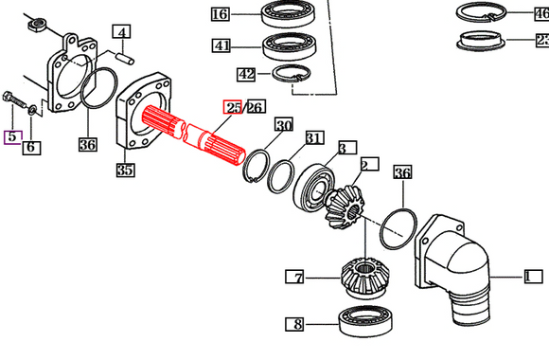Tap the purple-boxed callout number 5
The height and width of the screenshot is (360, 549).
pyautogui.click(x=12, y=137)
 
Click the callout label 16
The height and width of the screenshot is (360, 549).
pyautogui.click(x=220, y=14)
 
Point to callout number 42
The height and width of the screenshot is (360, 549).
pyautogui.click(x=220, y=74)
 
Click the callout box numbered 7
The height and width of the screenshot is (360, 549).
pyautogui.click(x=298, y=278)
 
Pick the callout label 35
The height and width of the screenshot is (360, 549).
pyautogui.click(x=125, y=171)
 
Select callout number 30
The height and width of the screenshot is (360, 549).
pyautogui.click(x=284, y=126)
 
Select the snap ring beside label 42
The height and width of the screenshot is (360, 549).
pyautogui.click(x=294, y=75)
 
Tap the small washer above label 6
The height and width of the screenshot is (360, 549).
pyautogui.click(x=32, y=111)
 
